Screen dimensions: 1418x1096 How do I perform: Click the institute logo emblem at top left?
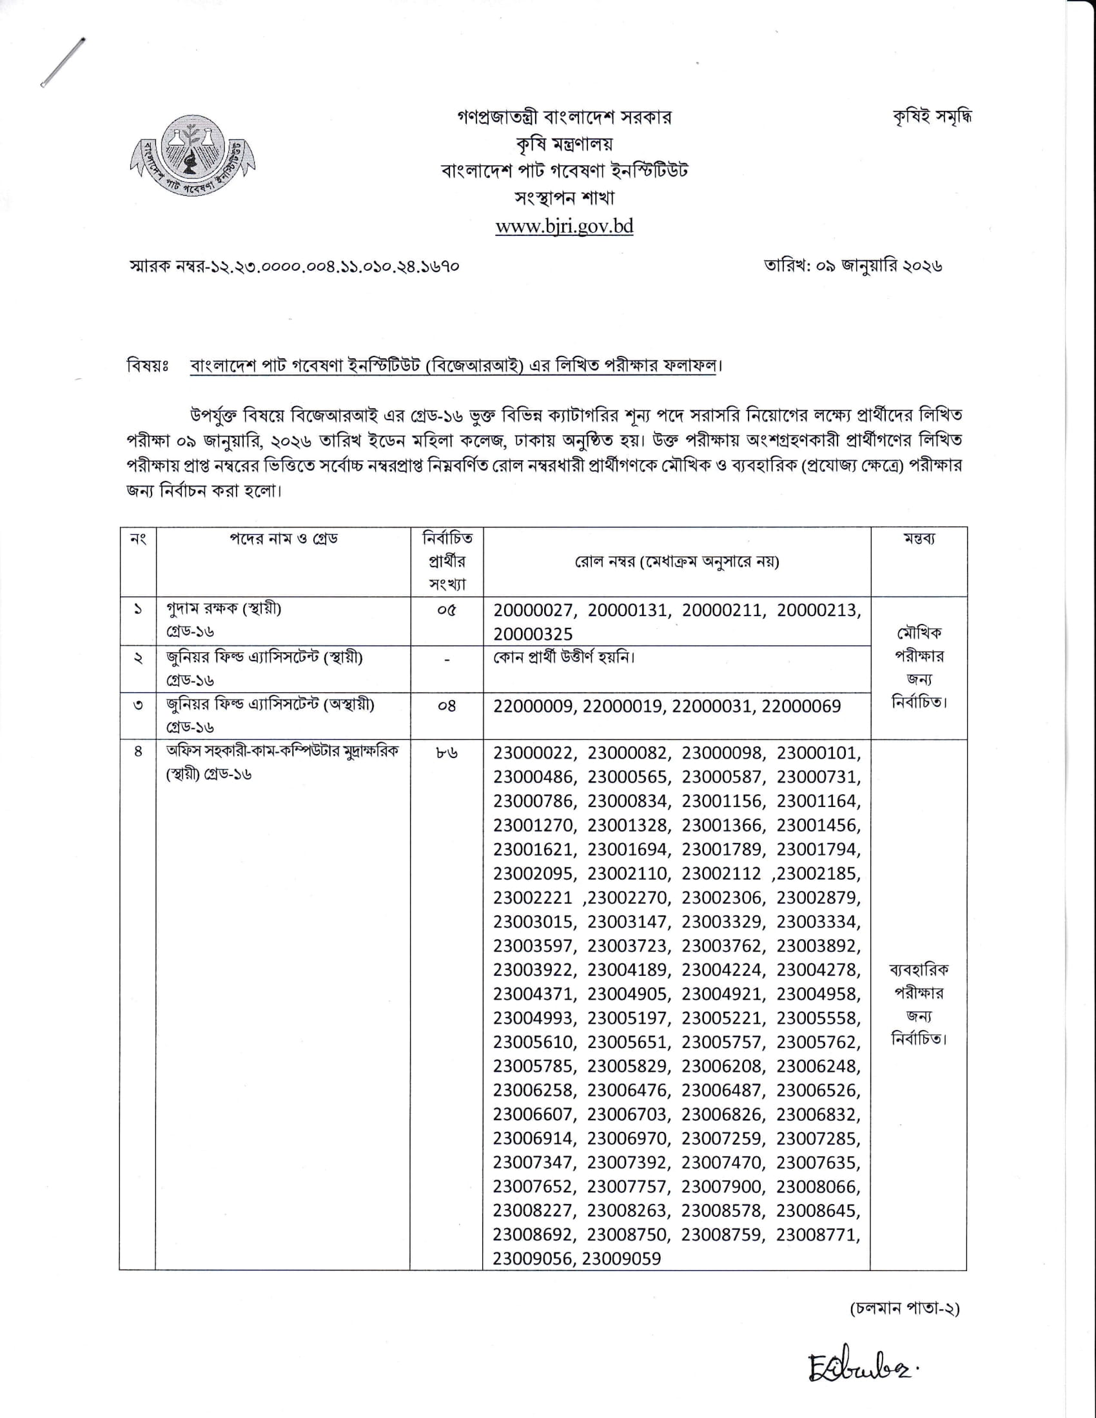192,158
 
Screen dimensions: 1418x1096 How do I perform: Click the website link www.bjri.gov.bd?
563,226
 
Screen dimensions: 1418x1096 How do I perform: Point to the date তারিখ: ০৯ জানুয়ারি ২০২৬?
852,266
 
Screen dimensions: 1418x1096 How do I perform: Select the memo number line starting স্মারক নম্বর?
295,266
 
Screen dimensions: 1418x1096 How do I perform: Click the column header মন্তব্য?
918,539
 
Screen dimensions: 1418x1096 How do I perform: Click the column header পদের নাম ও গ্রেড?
283,539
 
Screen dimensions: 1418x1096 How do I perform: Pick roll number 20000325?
533,634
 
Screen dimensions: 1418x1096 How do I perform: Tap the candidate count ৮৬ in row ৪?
447,753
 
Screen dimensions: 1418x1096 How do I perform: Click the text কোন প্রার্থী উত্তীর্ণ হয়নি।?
563,657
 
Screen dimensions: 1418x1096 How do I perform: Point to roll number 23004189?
628,970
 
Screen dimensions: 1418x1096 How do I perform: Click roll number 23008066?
818,1187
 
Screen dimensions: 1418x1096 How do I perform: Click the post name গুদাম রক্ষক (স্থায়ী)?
223,609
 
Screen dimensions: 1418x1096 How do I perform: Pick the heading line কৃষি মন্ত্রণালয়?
563,144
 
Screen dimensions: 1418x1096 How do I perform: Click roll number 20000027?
534,610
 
